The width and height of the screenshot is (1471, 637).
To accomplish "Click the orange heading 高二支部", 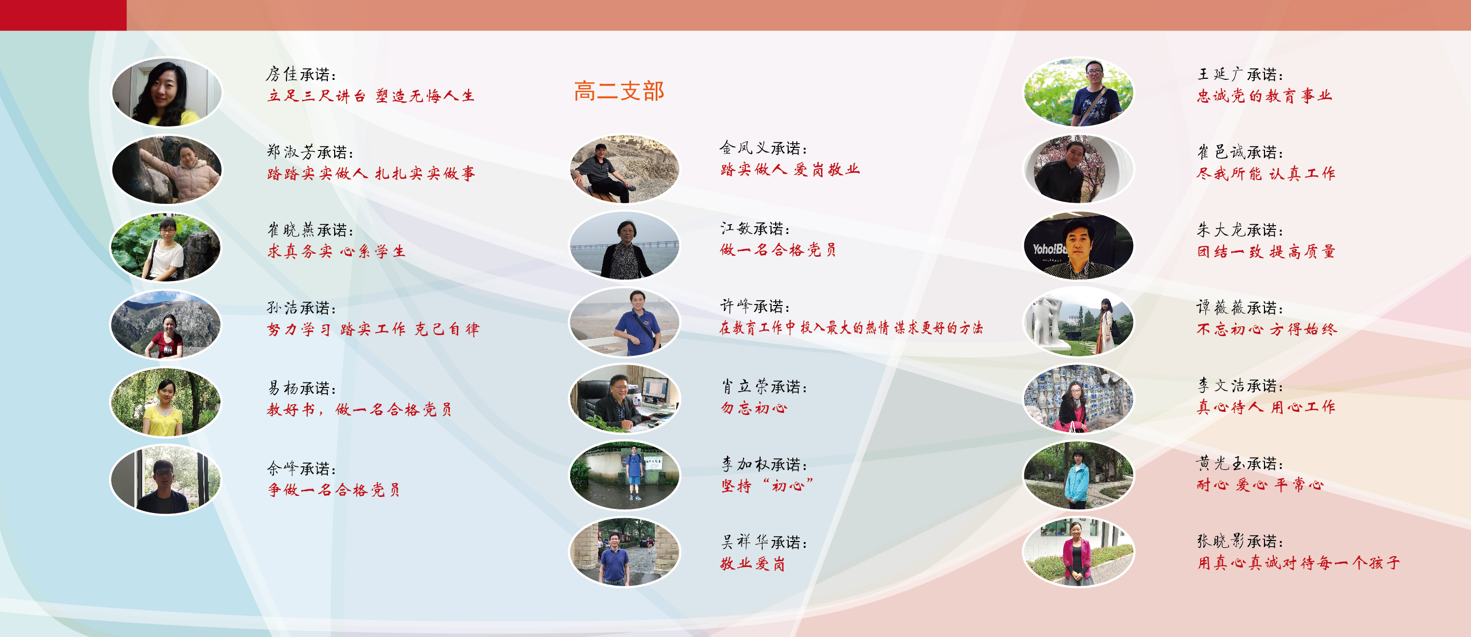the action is click(619, 91).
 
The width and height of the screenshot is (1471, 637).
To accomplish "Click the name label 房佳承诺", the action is click(301, 74).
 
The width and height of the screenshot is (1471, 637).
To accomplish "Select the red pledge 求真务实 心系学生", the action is click(336, 251).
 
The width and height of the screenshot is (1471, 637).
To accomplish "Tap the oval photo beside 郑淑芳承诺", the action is click(167, 170).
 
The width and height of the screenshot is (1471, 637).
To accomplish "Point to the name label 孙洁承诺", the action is click(301, 308).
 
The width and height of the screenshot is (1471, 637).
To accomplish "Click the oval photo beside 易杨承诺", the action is click(166, 402).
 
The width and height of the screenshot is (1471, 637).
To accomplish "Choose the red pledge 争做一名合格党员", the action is click(334, 490).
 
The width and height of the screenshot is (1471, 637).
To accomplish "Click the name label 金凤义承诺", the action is click(763, 148).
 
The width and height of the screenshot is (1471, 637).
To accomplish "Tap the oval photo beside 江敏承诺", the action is click(625, 245).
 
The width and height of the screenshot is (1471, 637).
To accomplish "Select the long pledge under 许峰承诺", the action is click(851, 328).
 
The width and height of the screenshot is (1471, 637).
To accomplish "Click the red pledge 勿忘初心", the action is click(753, 408).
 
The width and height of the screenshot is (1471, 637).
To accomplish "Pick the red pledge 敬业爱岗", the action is click(753, 564).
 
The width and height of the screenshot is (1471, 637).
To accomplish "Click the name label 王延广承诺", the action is click(1240, 74).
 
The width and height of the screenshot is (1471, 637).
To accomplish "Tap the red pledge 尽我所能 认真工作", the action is click(1266, 173).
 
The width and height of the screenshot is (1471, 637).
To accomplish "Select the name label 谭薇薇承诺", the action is click(1240, 308).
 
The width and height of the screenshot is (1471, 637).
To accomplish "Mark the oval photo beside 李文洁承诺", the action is click(1079, 398).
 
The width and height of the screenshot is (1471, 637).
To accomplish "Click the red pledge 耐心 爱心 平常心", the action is click(1260, 484).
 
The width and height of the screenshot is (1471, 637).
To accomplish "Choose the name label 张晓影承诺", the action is click(1240, 541).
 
